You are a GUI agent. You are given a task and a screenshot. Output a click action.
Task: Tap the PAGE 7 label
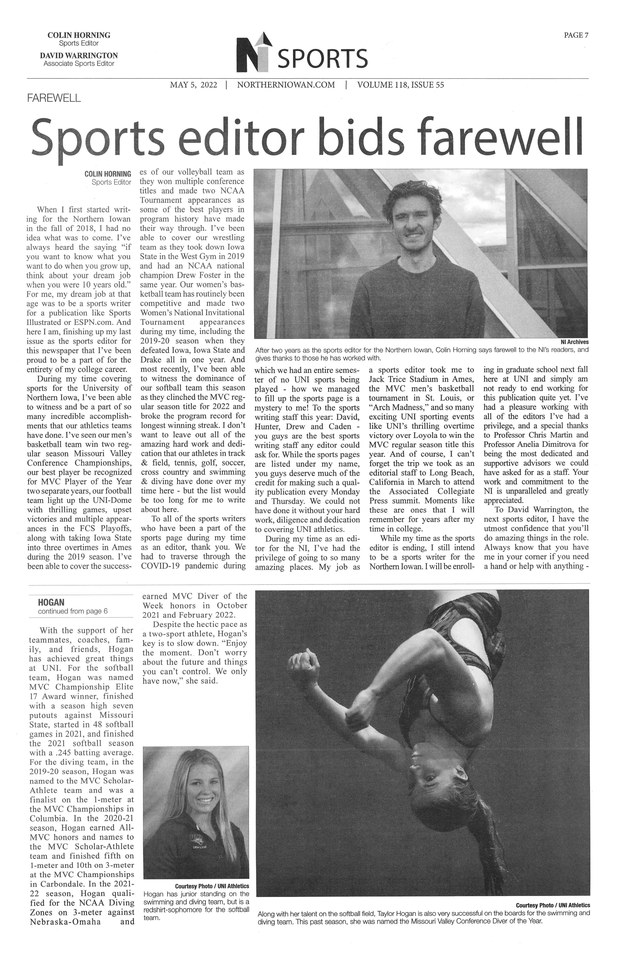click(x=576, y=35)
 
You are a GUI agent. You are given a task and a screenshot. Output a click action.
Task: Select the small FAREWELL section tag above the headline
click(x=54, y=98)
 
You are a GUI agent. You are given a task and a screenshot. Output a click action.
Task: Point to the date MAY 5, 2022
click(x=194, y=85)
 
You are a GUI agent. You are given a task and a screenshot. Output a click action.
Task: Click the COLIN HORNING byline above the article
click(x=108, y=174)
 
